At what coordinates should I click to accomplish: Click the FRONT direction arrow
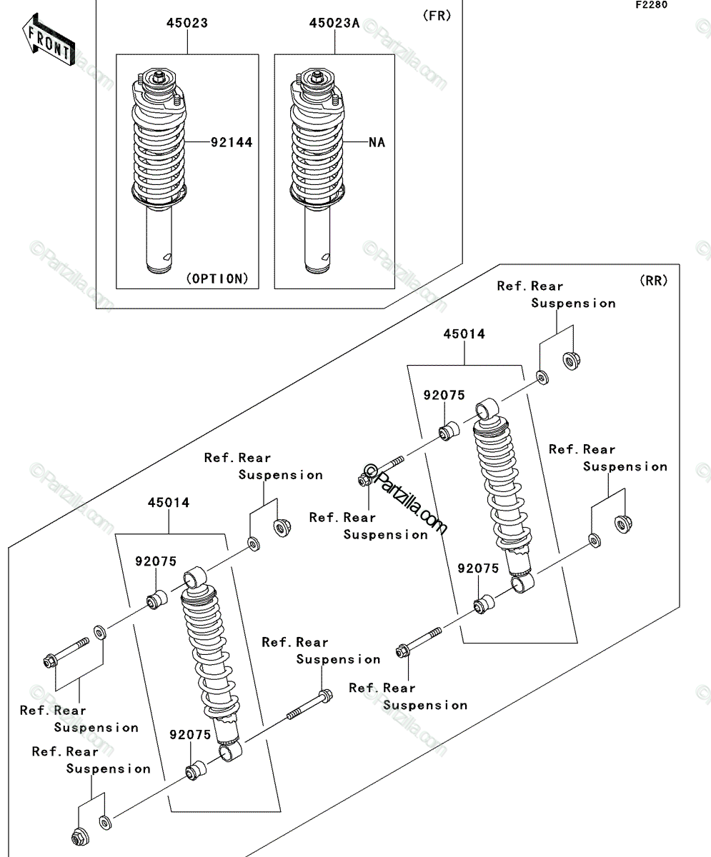pos(49,40)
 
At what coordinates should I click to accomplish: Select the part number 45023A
pos(334,24)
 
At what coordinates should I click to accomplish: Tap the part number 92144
pos(232,142)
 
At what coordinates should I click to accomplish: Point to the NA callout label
pos(377,142)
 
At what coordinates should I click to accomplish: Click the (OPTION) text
pos(218,279)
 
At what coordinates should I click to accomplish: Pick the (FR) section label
pos(437,16)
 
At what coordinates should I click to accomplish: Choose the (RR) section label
pos(654,281)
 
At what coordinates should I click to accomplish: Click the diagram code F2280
pos(652,5)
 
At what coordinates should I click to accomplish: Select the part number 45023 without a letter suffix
pos(187,23)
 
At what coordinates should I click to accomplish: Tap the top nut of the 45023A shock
pos(317,76)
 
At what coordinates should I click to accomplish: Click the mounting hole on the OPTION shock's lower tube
pos(167,257)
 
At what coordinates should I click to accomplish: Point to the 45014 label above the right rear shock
pos(464,334)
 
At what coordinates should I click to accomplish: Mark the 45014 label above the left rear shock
pos(169,503)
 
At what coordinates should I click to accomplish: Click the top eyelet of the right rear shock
pos(487,409)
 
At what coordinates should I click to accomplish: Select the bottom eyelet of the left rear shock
pos(231,751)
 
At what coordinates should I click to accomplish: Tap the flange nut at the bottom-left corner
pos(81,836)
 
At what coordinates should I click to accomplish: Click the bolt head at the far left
pos(50,661)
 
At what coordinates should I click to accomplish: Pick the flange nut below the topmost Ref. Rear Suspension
pos(572,361)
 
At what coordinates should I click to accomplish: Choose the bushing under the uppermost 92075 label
pos(449,431)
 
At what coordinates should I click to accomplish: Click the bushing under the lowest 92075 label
pos(196,771)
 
